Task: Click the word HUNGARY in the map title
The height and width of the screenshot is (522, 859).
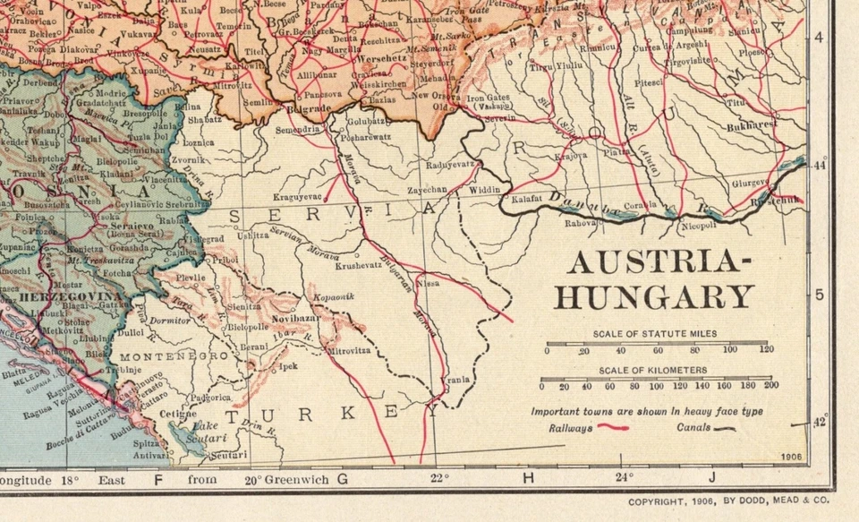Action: tap(654, 296)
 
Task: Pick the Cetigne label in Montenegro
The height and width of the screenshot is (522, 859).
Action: tap(177, 414)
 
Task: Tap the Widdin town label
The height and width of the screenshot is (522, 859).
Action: tap(485, 191)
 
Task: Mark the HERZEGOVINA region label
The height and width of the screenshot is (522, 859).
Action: tap(57, 295)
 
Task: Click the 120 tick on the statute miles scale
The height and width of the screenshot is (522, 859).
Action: tap(765, 350)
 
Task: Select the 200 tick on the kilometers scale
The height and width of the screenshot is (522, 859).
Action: tap(770, 386)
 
